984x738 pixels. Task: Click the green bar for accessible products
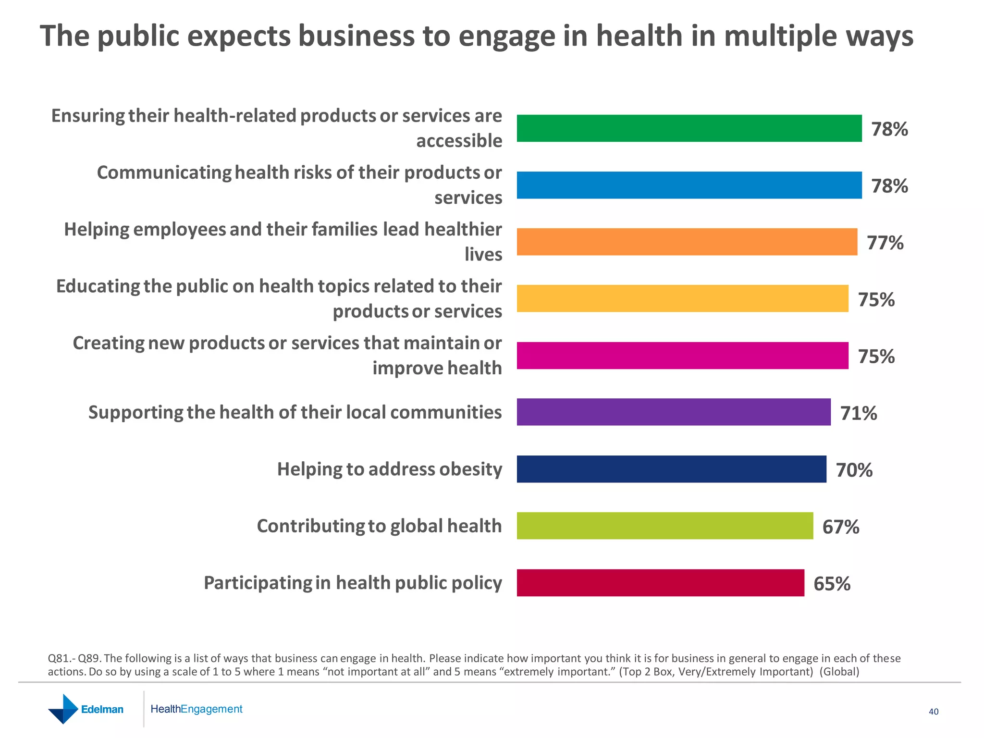click(x=689, y=128)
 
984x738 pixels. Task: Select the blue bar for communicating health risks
click(x=689, y=185)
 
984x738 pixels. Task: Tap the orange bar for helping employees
click(x=687, y=242)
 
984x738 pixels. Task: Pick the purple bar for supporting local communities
click(x=674, y=412)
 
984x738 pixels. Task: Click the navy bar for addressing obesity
click(x=671, y=469)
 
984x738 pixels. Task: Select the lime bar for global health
click(x=665, y=526)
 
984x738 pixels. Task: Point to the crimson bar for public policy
click(x=660, y=583)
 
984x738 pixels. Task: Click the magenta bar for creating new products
click(x=682, y=356)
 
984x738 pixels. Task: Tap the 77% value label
click(x=885, y=243)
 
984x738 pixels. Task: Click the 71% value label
click(x=858, y=413)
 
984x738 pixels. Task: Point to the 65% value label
click(x=832, y=584)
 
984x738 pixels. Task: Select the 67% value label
click(x=840, y=527)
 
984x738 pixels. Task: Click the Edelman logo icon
click(x=63, y=709)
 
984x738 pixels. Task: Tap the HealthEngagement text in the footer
click(x=196, y=709)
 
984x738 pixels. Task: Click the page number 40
click(x=933, y=712)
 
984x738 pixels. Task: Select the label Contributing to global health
click(x=379, y=526)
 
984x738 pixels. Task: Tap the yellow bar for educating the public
click(x=682, y=298)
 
